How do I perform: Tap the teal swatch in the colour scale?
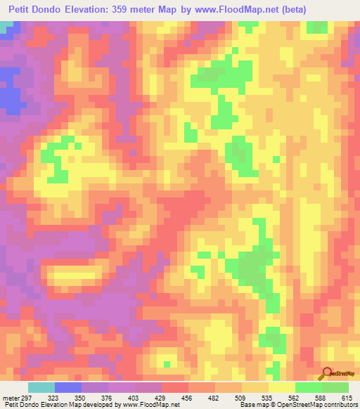41,388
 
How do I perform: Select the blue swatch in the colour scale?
68,388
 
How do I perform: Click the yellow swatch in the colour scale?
281,388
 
